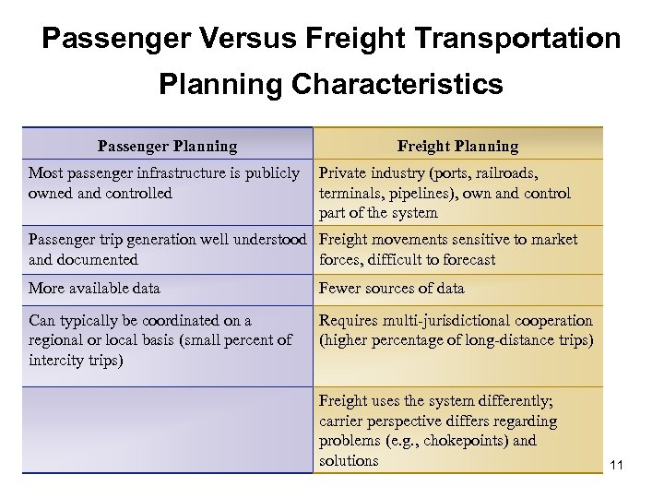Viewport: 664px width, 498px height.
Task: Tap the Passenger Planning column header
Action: coord(168,146)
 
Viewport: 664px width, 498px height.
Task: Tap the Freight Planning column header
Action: coord(457,146)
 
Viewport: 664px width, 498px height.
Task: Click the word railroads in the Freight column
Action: coord(505,173)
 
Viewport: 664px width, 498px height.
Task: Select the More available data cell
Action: coord(95,289)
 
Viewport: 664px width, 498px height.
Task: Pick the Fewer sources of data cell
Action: coord(391,289)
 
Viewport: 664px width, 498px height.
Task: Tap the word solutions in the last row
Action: coord(349,460)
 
